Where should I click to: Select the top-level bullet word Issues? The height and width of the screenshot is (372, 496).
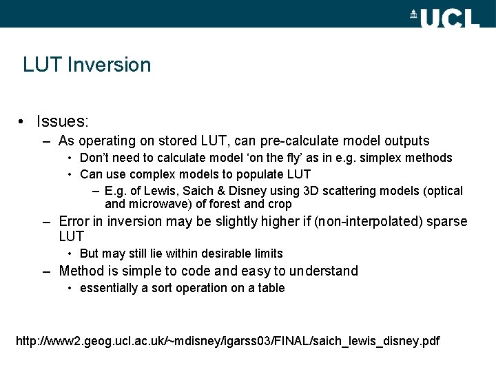point(63,122)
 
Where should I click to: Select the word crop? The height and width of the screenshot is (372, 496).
point(280,204)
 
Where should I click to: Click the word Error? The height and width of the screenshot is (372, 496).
point(74,222)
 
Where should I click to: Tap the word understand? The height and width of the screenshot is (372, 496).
point(324,271)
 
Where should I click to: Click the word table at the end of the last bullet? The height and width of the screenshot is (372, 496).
point(270,288)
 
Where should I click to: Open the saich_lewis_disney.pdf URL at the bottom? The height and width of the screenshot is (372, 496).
point(227,341)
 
